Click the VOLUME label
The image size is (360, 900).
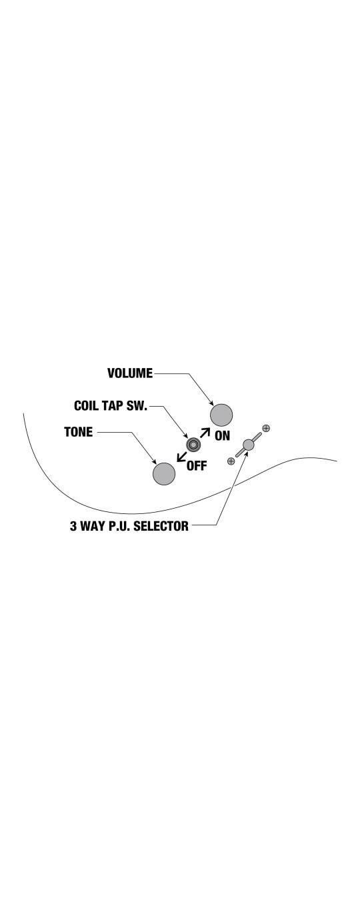(x=130, y=373)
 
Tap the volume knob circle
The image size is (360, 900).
(x=221, y=415)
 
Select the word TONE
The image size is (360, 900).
(x=79, y=432)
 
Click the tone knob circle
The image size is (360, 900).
(x=164, y=474)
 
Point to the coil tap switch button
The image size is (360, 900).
(x=193, y=445)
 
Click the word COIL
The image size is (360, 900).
(x=86, y=405)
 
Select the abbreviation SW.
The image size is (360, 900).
(x=137, y=405)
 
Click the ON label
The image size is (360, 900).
(x=222, y=435)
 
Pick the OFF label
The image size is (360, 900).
(x=197, y=466)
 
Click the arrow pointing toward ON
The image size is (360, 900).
(x=205, y=432)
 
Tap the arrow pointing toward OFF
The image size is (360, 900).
(x=181, y=457)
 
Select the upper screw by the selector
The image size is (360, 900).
(x=266, y=428)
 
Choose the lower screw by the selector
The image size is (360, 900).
(x=231, y=461)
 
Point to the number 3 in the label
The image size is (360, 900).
(x=73, y=526)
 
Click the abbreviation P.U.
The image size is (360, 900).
(x=119, y=526)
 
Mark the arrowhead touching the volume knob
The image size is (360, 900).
(x=211, y=403)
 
